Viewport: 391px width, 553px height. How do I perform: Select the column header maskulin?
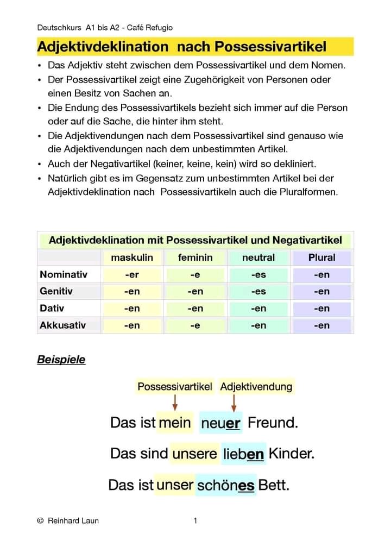[132, 257]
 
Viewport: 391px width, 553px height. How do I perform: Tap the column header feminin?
[195, 257]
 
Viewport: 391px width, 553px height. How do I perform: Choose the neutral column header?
[258, 257]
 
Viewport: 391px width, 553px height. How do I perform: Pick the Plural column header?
[321, 257]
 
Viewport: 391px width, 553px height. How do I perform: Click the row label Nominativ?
[63, 274]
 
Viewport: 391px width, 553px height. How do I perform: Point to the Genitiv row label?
[56, 291]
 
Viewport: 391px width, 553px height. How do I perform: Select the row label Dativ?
[52, 308]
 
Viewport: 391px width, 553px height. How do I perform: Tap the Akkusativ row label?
[62, 325]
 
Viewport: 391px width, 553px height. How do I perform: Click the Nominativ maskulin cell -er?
[132, 275]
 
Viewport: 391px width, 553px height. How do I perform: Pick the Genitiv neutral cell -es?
[258, 292]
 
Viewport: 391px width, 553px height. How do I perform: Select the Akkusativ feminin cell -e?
[195, 326]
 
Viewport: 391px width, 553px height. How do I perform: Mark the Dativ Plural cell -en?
[321, 309]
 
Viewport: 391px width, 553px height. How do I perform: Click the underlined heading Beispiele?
[61, 360]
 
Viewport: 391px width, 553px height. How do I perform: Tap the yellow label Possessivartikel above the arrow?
[174, 387]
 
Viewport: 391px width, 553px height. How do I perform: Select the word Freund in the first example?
[273, 423]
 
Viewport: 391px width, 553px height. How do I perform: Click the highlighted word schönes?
[225, 485]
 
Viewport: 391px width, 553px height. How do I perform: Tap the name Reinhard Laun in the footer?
[73, 521]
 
